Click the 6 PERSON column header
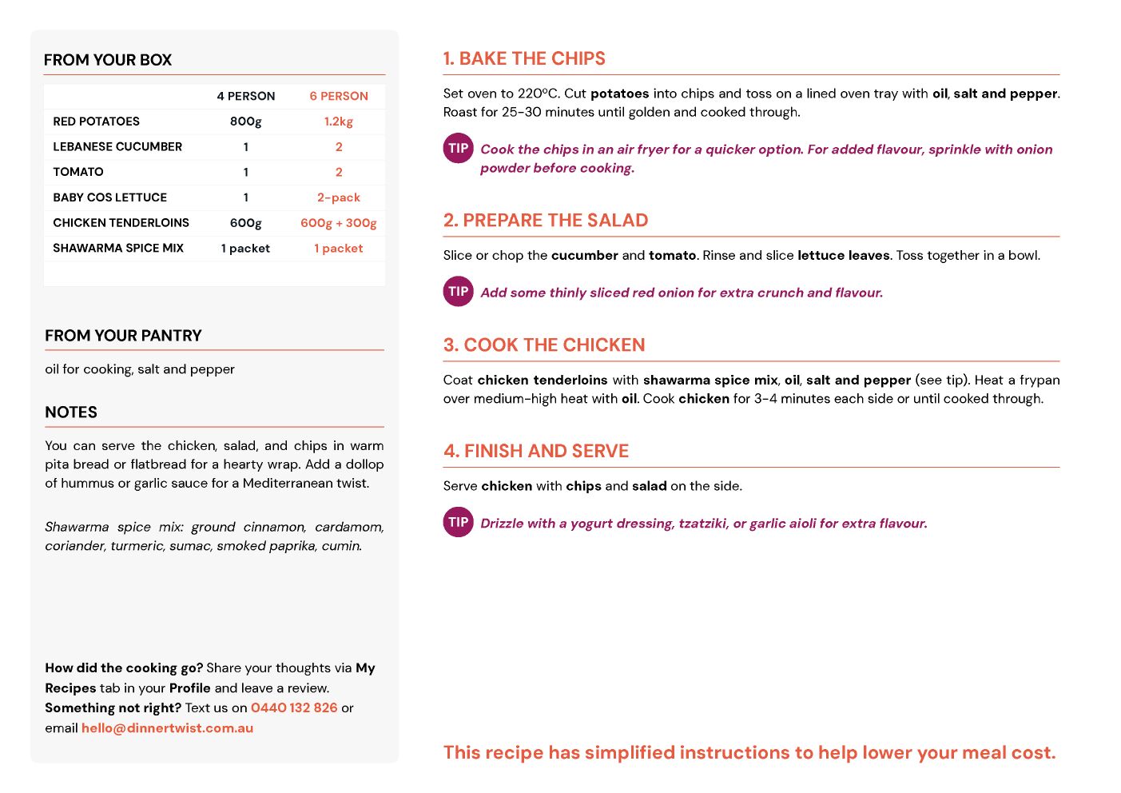[339, 96]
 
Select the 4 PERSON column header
[245, 96]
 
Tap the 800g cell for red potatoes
[245, 122]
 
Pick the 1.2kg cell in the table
[339, 122]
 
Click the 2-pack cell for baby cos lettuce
[339, 197]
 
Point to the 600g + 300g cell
[339, 223]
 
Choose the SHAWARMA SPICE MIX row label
[118, 249]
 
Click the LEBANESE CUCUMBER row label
[117, 147]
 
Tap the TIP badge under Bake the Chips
[459, 148]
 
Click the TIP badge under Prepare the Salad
[459, 291]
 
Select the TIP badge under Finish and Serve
[459, 522]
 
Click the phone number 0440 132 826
[294, 708]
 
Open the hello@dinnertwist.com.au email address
[167, 728]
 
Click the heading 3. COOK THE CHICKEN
[544, 345]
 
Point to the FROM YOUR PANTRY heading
[123, 336]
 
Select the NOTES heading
[71, 412]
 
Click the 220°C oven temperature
[538, 94]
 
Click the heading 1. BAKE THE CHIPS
[524, 59]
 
